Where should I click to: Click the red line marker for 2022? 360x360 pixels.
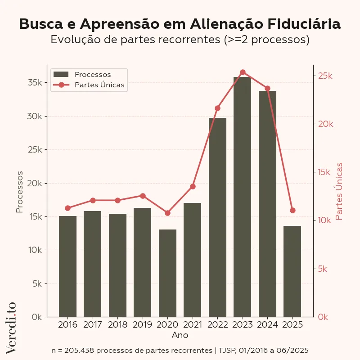[217, 108]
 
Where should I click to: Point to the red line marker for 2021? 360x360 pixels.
[193, 186]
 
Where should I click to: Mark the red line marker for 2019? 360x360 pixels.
[143, 196]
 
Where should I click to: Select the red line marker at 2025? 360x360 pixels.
[292, 210]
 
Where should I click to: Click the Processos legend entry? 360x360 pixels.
[92, 74]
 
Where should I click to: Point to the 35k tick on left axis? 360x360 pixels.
[35, 83]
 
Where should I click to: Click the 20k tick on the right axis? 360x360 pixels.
[325, 124]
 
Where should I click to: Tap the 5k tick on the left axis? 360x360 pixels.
[37, 283]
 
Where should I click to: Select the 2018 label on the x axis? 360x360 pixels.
[117, 324]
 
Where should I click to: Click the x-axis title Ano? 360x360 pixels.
[180, 335]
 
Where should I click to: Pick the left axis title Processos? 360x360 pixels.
[19, 192]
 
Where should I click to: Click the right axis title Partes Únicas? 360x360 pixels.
[339, 191]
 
